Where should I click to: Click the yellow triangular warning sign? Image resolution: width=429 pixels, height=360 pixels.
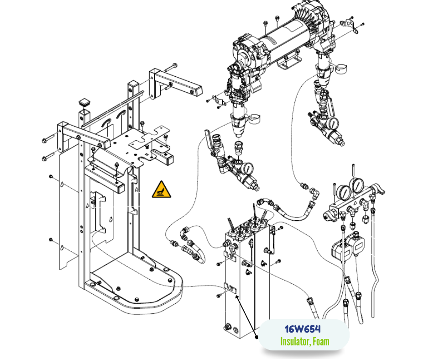(162, 190)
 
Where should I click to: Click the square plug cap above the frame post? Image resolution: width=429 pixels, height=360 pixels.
(84, 101)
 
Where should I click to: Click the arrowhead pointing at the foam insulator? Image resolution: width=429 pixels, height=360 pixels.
(236, 297)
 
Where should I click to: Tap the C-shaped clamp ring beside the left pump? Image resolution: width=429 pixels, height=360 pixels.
(255, 117)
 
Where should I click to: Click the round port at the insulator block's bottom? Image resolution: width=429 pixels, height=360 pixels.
(227, 328)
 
